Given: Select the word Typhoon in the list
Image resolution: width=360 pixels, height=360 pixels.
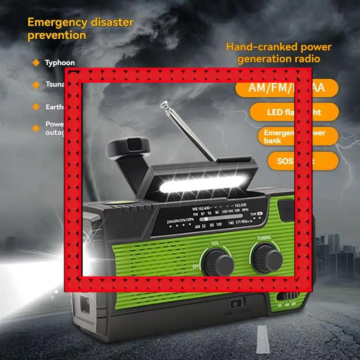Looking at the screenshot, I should [x=59, y=63].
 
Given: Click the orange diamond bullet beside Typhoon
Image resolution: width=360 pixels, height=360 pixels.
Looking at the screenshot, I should [x=36, y=63].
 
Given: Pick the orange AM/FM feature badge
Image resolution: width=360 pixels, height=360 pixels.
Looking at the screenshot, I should [x=287, y=87].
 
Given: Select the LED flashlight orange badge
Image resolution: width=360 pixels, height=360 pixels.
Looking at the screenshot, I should [x=294, y=112].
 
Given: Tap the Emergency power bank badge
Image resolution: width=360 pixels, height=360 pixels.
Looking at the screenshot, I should [x=298, y=136].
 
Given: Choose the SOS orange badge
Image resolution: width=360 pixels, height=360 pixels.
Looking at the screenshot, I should [x=302, y=160].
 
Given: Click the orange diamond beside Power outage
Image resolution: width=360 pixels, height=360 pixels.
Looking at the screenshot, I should [x=36, y=128].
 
